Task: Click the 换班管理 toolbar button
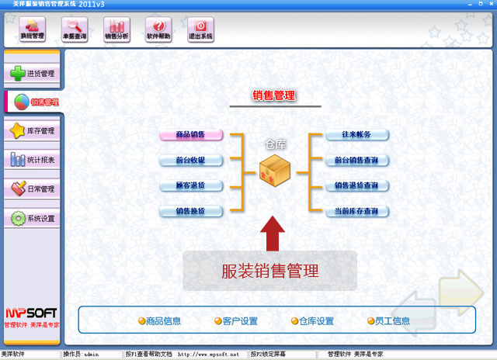[x=33, y=29]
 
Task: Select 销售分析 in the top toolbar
[x=117, y=29]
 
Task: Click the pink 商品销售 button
[x=191, y=135]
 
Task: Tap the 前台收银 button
[x=191, y=161]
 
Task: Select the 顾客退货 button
[x=191, y=186]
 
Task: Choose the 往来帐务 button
[x=356, y=135]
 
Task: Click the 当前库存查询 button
[x=356, y=212]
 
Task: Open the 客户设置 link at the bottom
[x=235, y=321]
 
